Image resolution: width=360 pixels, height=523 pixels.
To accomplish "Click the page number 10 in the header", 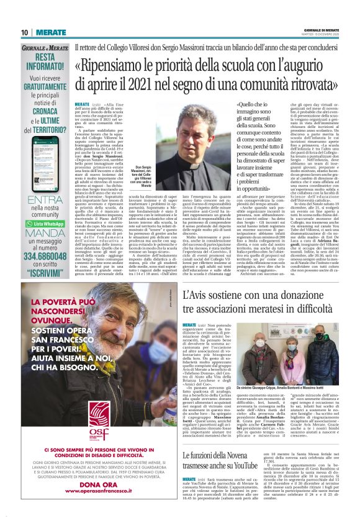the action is pyautogui.click(x=24, y=32).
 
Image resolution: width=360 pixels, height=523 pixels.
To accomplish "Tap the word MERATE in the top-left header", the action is pyautogui.click(x=50, y=32).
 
